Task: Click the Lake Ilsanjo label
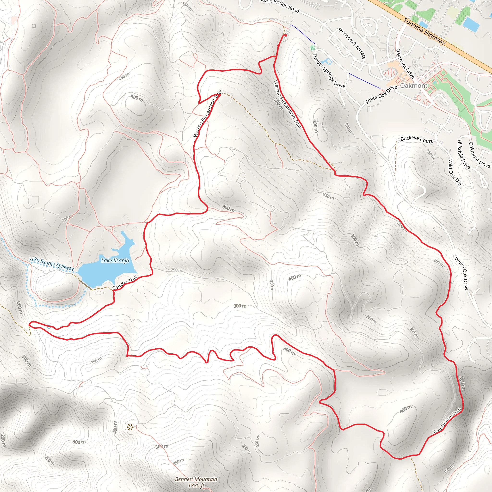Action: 115,260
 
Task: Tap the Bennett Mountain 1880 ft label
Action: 196,482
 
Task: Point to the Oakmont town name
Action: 414,86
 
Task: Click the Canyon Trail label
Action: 125,283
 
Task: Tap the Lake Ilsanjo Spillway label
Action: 52,264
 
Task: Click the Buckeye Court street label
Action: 416,140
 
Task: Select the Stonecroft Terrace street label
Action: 352,43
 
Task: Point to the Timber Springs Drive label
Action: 328,71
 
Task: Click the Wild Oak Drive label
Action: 455,174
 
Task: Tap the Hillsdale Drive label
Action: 464,154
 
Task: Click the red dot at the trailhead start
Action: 286,35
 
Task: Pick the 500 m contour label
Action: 162,446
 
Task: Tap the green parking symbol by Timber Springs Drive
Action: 313,48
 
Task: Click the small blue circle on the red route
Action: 49,327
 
